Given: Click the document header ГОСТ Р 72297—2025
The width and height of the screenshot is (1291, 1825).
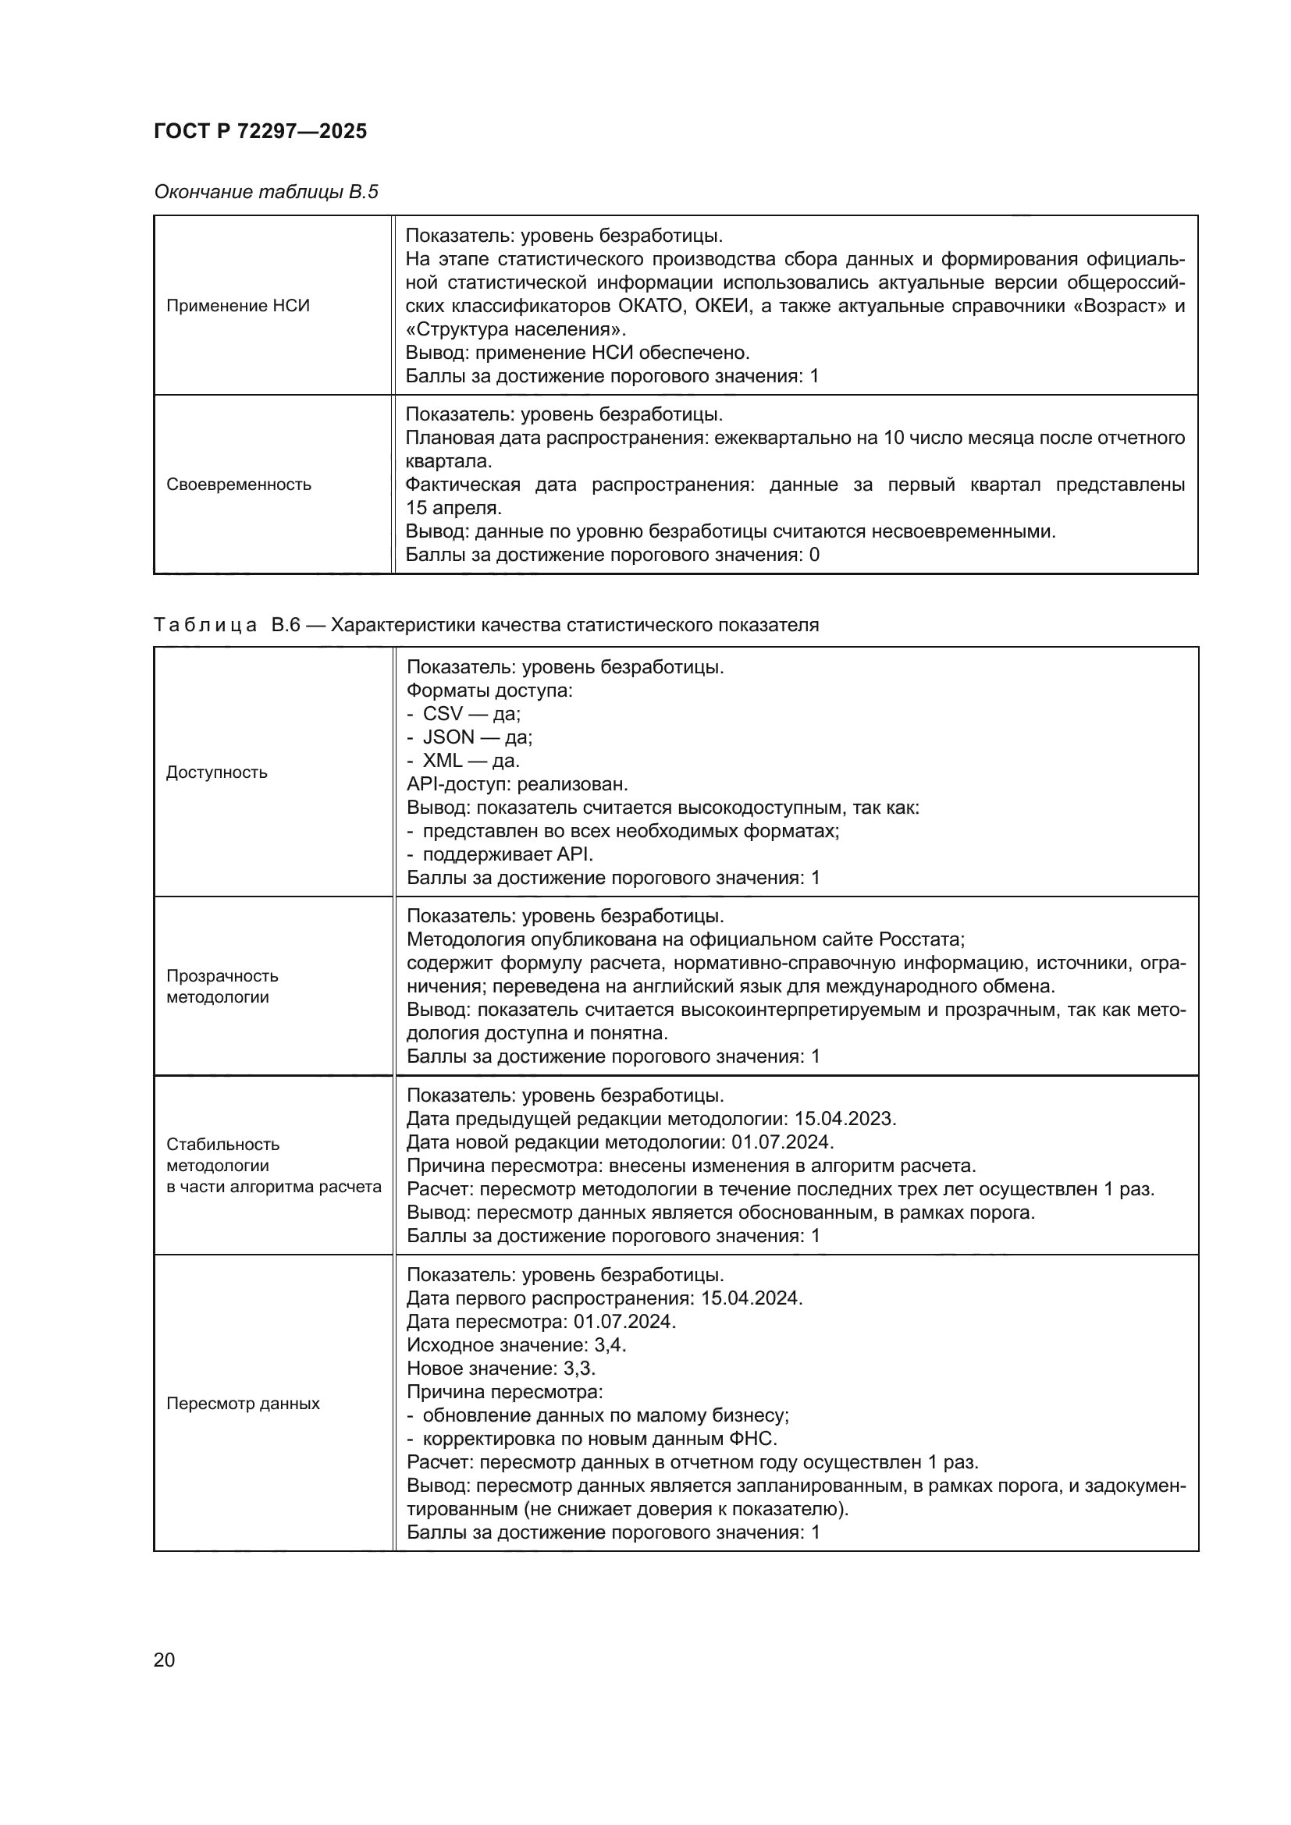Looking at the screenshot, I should [x=260, y=131].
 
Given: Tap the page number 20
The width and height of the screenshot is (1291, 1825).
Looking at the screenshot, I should [x=164, y=1660].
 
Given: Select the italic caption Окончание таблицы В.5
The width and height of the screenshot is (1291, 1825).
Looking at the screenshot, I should [x=265, y=192].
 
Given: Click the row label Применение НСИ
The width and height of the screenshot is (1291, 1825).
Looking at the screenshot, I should [x=238, y=306].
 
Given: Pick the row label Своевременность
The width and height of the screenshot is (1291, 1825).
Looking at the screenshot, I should [x=239, y=484].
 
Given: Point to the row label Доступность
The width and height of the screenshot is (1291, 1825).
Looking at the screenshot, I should [x=216, y=772].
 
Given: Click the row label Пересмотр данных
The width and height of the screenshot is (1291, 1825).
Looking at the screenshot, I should [x=243, y=1403].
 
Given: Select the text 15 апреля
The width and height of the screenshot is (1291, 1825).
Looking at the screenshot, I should [x=453, y=508].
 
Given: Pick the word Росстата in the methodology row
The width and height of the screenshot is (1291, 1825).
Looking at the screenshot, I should [x=920, y=939].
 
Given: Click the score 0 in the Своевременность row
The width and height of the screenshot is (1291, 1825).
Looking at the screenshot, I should [x=814, y=555].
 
